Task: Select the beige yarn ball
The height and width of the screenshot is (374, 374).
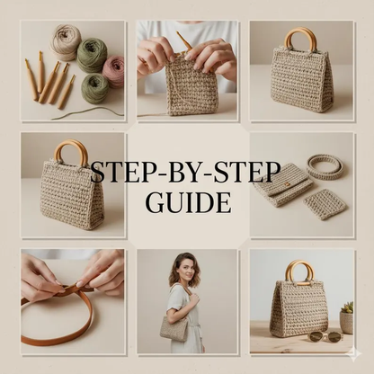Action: pos(66,42)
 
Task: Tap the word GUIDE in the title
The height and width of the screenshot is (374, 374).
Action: pos(190,202)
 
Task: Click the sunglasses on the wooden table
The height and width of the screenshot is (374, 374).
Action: pos(325,335)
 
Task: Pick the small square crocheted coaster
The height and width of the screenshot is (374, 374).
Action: pos(325,204)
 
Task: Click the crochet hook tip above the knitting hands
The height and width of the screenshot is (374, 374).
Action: pos(179,35)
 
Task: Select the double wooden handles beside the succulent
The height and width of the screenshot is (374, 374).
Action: pos(298,272)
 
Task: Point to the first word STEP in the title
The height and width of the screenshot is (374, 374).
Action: pos(114,173)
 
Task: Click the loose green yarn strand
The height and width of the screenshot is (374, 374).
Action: pos(87,114)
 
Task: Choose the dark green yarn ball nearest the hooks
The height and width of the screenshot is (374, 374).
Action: pos(94,88)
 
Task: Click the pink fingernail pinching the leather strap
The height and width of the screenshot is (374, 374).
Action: pos(82,283)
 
